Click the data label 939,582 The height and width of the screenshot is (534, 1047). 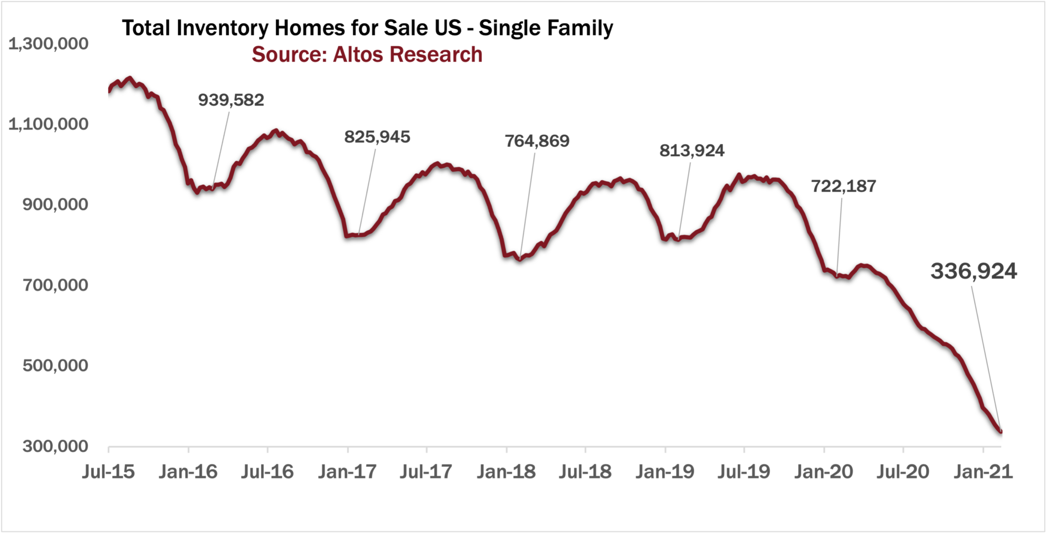tap(231, 100)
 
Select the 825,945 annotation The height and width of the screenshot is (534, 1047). tap(377, 137)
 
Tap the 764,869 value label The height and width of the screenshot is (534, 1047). tap(537, 141)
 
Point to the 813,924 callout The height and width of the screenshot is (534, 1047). tap(691, 151)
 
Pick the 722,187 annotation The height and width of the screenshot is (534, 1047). tap(843, 186)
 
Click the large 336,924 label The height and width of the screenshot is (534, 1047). tap(973, 271)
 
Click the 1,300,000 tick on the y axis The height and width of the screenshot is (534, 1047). tap(49, 44)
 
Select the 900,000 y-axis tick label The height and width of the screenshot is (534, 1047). tap(55, 204)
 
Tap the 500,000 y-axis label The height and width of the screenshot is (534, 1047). tap(55, 366)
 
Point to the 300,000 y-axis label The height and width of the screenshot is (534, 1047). tap(55, 446)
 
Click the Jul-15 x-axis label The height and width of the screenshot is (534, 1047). tap(108, 472)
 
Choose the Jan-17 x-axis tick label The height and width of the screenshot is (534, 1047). tap(347, 472)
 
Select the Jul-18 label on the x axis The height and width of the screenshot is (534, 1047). tap(585, 472)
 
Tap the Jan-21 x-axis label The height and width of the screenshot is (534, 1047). tap(983, 472)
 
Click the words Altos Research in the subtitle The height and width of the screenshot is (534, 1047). tap(407, 55)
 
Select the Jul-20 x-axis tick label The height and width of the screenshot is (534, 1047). tap(902, 472)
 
